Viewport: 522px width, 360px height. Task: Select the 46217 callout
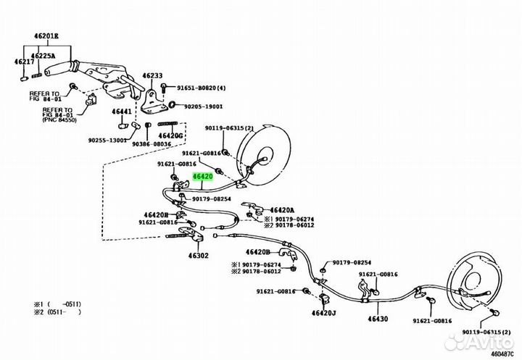point(25,62)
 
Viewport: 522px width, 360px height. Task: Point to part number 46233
point(152,75)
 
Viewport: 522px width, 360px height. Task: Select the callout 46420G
point(170,135)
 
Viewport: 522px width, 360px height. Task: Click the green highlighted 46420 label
point(202,176)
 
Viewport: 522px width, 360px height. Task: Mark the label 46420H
point(155,214)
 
